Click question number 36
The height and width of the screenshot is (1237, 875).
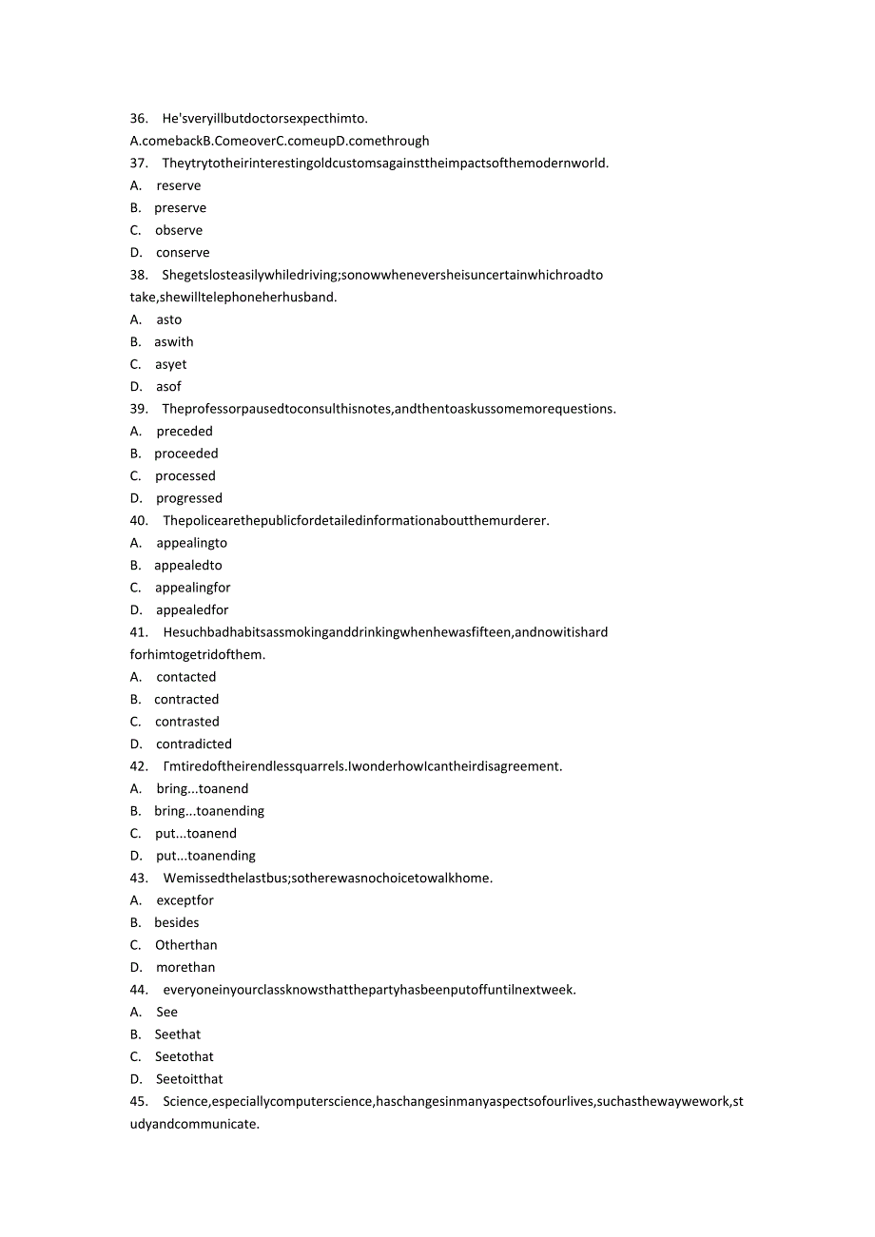(139, 118)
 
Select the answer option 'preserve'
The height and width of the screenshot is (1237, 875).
(180, 207)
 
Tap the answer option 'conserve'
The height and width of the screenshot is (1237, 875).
(183, 252)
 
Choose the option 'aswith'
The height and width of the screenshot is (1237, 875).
(173, 341)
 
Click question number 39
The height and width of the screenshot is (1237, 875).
(139, 409)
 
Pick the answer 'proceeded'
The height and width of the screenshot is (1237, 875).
(186, 454)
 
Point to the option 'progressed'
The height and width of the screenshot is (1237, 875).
(189, 498)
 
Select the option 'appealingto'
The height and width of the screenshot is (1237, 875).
(191, 543)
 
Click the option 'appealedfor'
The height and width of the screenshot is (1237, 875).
(192, 609)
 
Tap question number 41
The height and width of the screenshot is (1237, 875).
(139, 632)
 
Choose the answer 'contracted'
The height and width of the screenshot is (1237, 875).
(186, 699)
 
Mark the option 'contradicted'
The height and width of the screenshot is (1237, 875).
(194, 744)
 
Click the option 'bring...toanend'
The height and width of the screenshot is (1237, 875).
(202, 788)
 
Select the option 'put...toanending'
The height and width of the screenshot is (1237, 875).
(205, 856)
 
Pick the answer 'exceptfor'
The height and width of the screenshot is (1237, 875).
(185, 900)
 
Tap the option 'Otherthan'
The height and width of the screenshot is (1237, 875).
(186, 945)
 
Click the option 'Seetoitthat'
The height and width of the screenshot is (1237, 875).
(189, 1079)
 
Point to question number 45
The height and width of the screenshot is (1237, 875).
(139, 1101)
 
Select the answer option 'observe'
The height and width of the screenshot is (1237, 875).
(179, 230)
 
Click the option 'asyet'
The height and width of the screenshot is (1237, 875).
(171, 364)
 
